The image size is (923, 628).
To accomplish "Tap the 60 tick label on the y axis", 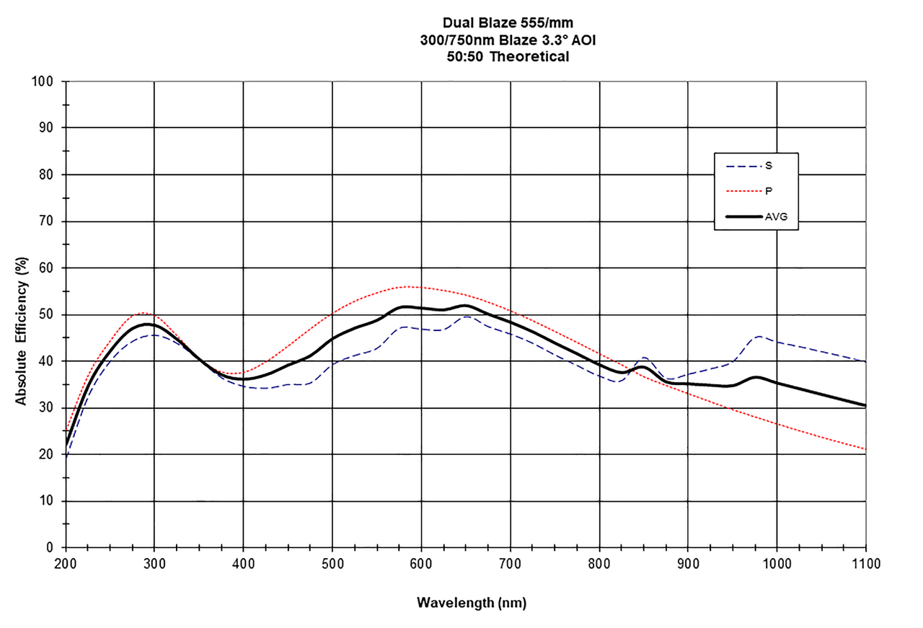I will click(47, 268).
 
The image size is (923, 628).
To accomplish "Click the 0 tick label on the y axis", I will click(50, 548).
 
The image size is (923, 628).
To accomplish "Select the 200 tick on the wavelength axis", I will click(66, 562).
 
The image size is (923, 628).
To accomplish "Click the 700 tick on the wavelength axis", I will click(510, 562).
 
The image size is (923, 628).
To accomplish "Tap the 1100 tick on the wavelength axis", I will click(865, 562).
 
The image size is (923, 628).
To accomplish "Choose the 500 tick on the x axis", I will click(332, 562).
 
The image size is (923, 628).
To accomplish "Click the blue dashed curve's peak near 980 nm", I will click(759, 336).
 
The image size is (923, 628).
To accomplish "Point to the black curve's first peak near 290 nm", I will click(147, 324).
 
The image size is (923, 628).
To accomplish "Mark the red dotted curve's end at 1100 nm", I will click(865, 449).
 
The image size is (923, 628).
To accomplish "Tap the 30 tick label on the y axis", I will click(47, 408).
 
